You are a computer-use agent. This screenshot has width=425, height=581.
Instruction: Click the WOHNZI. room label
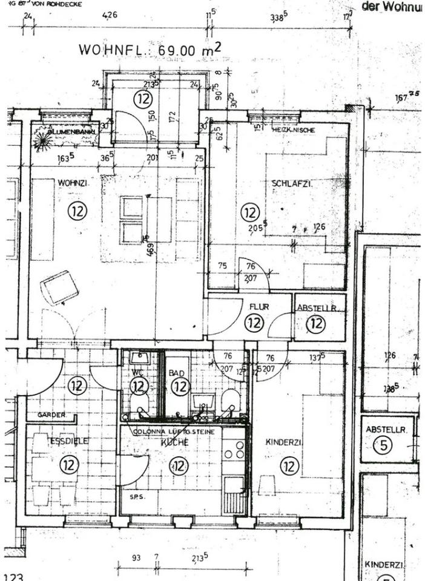point(70,182)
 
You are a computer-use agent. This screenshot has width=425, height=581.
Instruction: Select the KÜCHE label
point(176,442)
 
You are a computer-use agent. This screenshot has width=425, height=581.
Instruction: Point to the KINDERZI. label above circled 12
point(284,442)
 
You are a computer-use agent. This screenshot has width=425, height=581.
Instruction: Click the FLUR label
point(259,307)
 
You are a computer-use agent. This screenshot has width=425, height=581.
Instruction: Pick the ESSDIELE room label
point(69,441)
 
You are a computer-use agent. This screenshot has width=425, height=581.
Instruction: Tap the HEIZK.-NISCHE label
point(294,130)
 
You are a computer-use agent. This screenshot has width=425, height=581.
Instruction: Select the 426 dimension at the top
point(110,15)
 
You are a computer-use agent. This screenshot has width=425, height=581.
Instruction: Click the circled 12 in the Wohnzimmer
point(77,211)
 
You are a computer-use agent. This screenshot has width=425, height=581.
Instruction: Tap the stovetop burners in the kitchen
point(234,448)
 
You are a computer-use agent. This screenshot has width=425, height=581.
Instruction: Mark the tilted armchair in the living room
point(59,287)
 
